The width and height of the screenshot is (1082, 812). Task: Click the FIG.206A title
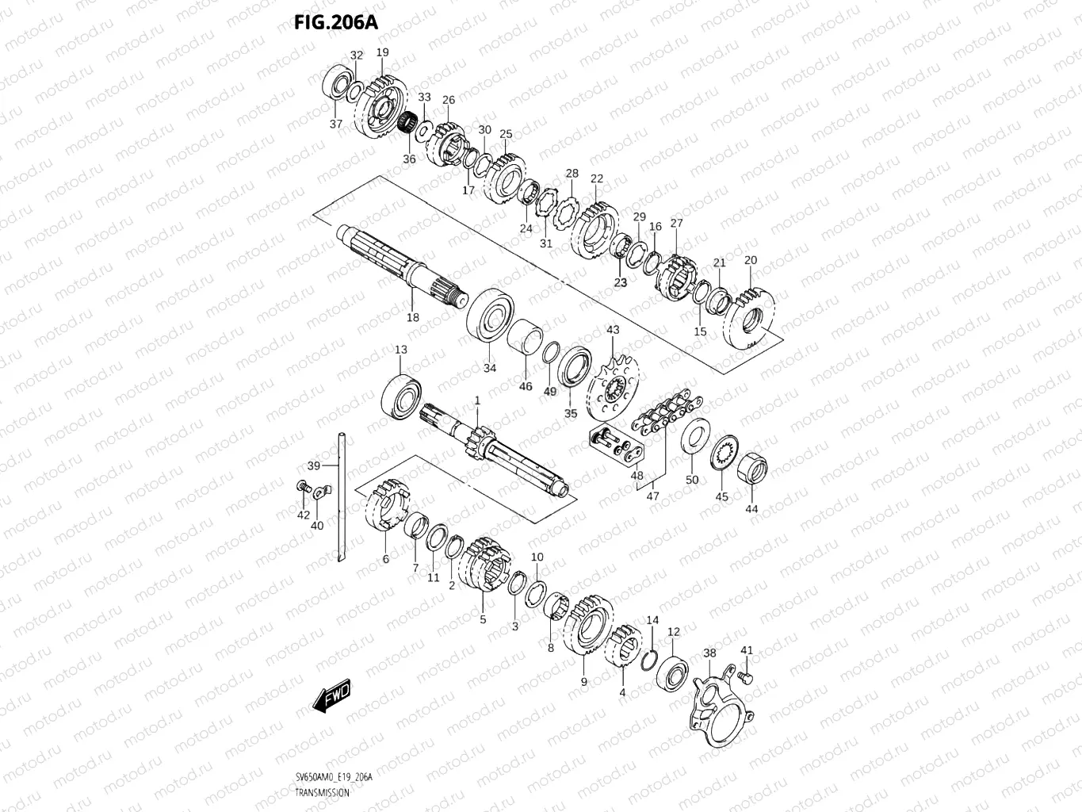(x=336, y=22)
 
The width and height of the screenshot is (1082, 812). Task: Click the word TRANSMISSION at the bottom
(x=321, y=793)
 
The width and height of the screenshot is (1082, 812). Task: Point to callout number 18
(x=412, y=317)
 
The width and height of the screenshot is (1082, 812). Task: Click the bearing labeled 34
(x=491, y=316)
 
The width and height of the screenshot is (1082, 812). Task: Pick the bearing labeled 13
(x=402, y=393)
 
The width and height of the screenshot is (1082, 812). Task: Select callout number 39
(x=314, y=465)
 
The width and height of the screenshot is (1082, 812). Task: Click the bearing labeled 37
(x=338, y=85)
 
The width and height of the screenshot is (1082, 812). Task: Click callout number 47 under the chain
(x=652, y=496)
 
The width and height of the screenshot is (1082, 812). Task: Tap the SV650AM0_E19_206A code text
(x=333, y=778)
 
